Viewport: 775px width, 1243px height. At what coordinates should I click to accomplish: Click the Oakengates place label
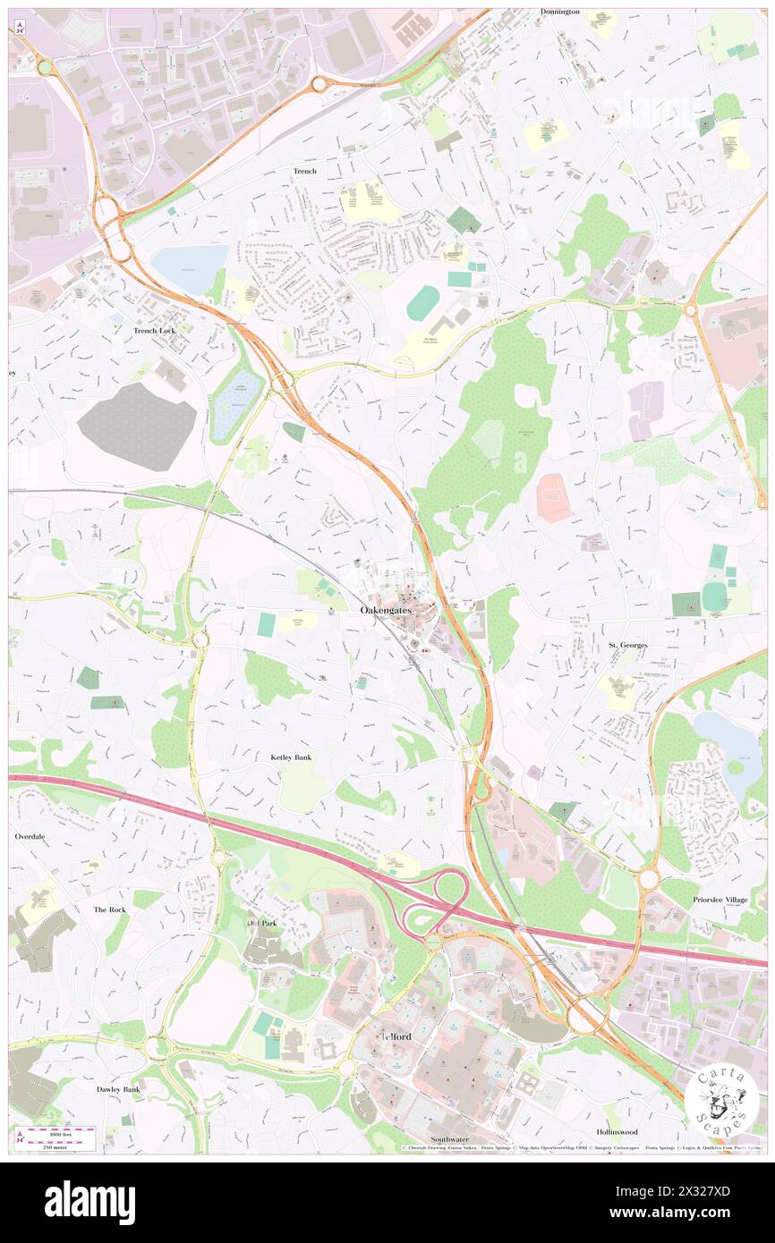[387, 610]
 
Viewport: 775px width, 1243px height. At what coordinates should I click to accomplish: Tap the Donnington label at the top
[560, 12]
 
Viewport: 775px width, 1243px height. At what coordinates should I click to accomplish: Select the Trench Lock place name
[154, 330]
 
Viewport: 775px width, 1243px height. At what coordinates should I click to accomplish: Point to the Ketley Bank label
[291, 757]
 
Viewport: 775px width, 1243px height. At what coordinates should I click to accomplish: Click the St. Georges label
[627, 645]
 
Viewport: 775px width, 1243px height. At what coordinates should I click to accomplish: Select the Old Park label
[263, 922]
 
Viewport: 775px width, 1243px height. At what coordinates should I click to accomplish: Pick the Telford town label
[396, 1036]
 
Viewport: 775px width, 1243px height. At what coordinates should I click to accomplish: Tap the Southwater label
[450, 1139]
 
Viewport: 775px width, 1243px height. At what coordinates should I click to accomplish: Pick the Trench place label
[304, 171]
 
